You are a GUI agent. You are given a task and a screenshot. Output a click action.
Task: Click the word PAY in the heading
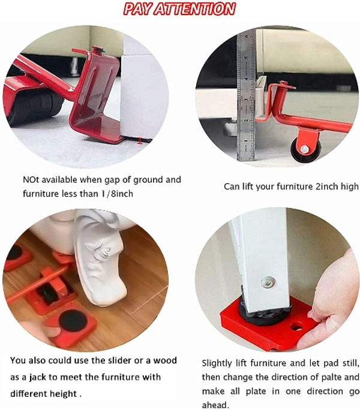tap(138, 8)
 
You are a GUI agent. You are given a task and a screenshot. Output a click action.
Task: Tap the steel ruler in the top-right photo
tap(245, 96)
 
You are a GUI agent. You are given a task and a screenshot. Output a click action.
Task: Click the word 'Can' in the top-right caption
tap(232, 186)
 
